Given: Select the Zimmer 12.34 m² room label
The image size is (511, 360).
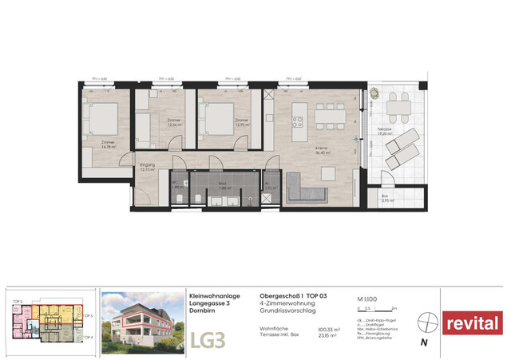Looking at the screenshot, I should tap(174, 123).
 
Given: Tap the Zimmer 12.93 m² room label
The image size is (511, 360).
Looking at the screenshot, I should tap(240, 123).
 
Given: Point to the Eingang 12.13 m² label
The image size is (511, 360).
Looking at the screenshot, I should tap(147, 168).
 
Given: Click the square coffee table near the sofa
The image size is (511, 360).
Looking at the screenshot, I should tap(329, 174).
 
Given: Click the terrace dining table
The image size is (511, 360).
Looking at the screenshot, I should tap(396, 104).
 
